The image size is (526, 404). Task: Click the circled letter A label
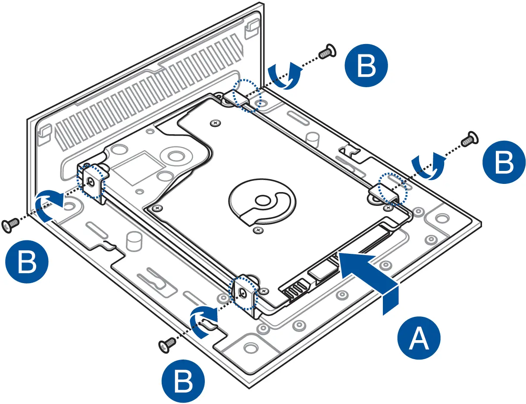click(419, 338)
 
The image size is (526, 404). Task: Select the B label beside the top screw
click(366, 66)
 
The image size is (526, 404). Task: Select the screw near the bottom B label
click(167, 344)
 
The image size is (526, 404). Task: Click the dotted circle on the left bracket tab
click(91, 183)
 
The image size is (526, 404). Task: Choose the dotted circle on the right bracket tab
click(392, 189)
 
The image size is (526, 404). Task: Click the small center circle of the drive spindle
click(261, 200)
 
